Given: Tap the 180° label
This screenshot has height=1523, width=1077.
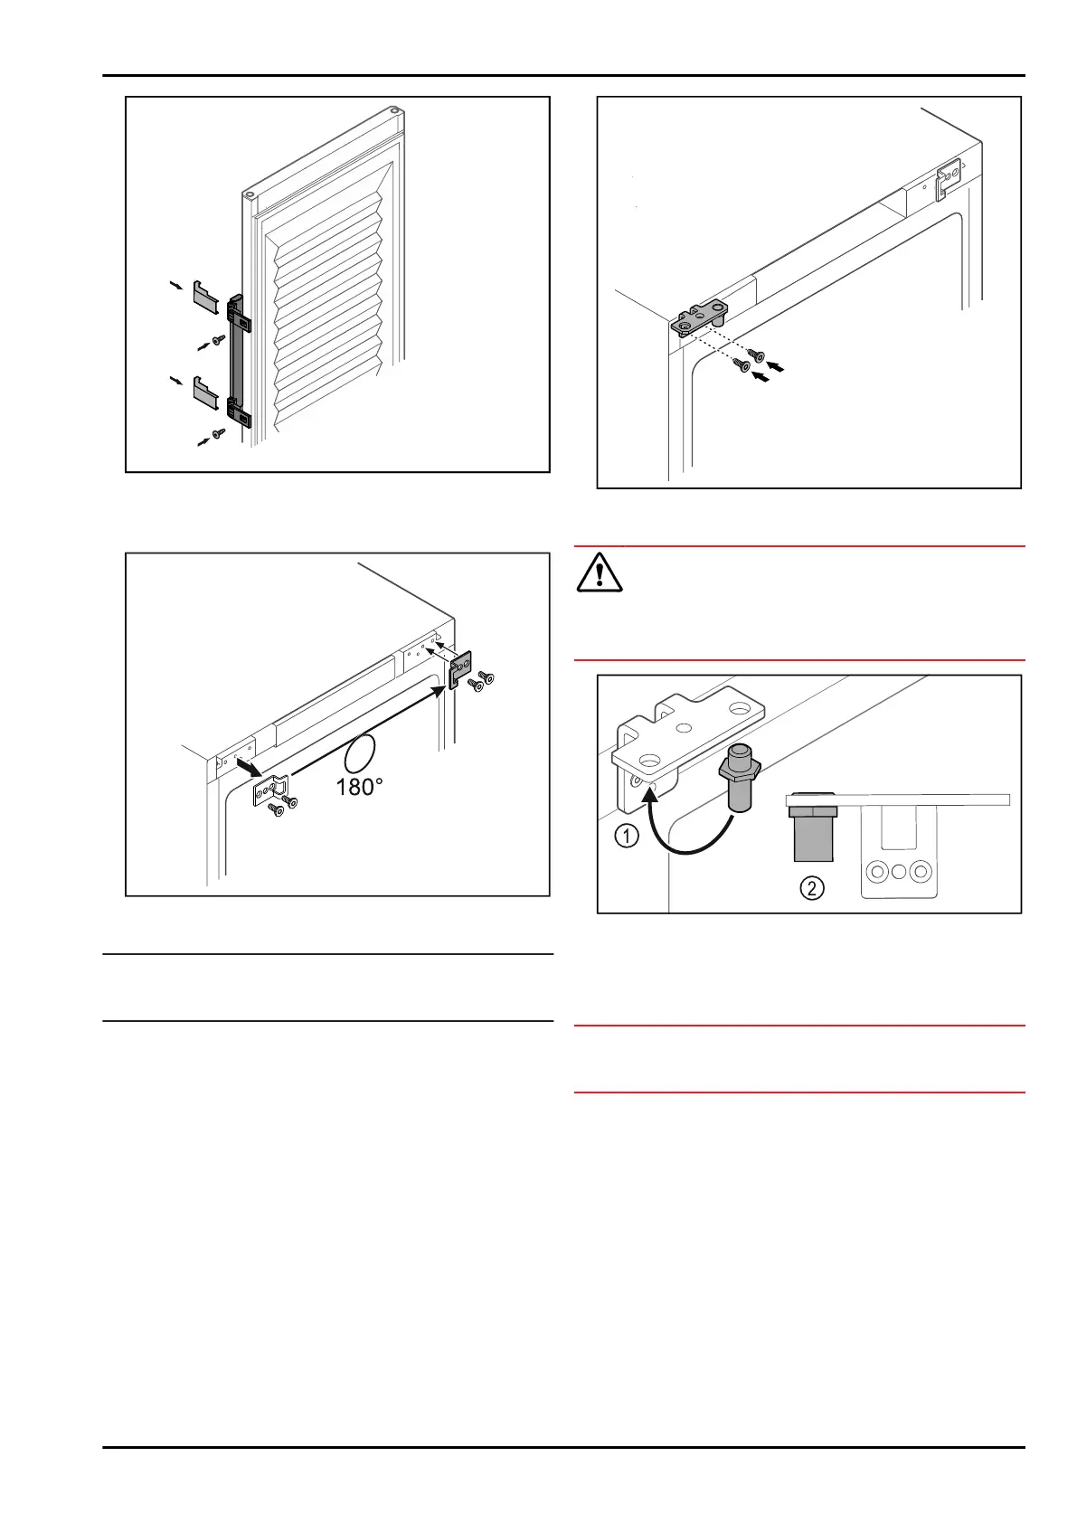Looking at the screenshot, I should [x=359, y=787].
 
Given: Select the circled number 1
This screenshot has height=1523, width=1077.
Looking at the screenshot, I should [x=627, y=837].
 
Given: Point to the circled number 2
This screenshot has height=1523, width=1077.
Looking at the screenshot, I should [x=811, y=888].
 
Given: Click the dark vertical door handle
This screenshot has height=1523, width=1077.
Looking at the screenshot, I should [x=238, y=360].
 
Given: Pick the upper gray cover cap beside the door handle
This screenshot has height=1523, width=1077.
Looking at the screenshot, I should [x=205, y=296].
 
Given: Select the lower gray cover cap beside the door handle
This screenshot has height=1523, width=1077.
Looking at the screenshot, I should [x=205, y=391].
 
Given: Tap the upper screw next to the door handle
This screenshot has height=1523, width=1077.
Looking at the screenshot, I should [x=217, y=341].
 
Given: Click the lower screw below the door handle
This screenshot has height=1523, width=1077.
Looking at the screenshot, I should [x=217, y=436].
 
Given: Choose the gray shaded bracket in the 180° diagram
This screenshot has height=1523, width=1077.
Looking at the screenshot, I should [x=461, y=667].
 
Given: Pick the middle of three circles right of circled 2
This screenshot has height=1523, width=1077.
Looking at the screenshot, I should [x=899, y=872].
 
